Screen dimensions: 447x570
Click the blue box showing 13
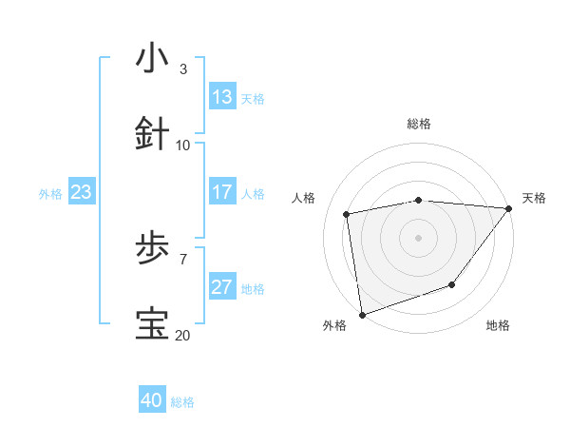tap(221, 97)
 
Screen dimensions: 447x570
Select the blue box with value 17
tap(221, 192)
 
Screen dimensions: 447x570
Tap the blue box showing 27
tap(221, 287)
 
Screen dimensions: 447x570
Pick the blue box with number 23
tap(81, 192)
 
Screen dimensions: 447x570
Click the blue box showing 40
tap(152, 400)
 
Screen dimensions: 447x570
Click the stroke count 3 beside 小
tap(183, 68)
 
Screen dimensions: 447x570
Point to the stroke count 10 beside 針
tap(183, 145)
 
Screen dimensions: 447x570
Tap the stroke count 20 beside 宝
tap(183, 335)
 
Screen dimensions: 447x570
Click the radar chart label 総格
tap(419, 124)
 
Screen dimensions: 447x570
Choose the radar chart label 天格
tap(534, 198)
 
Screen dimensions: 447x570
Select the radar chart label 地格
tap(498, 325)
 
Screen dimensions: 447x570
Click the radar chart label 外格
tap(334, 325)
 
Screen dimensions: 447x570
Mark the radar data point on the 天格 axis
tap(509, 208)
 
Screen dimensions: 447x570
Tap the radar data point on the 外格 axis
tap(362, 313)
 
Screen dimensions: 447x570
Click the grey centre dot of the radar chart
tap(418, 237)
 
